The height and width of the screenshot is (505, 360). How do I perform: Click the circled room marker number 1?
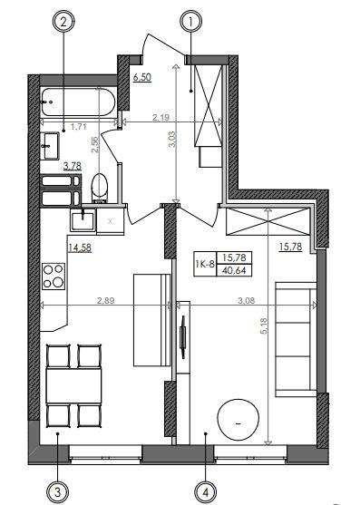190,22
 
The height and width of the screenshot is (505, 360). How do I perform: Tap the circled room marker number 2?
63,22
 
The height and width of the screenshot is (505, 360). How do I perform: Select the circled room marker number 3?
58,491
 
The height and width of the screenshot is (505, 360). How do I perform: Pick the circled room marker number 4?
206,491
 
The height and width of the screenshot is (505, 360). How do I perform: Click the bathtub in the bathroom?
78,102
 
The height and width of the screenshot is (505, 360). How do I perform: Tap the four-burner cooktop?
54,277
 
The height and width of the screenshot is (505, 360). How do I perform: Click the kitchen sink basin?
83,219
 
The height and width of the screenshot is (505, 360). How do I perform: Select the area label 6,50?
142,78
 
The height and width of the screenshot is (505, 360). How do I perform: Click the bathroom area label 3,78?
73,166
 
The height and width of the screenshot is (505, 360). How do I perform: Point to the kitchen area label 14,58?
80,248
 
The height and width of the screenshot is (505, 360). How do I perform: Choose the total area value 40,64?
234,270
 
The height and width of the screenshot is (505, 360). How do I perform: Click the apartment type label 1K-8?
205,265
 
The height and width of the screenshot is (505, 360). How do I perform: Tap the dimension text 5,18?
264,325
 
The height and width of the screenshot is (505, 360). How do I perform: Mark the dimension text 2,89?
105,300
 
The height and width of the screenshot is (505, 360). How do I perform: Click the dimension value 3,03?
172,139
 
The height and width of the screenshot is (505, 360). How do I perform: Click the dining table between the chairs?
73,386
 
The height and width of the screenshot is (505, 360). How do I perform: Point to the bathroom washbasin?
50,146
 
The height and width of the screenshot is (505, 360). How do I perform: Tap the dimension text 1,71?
79,127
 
